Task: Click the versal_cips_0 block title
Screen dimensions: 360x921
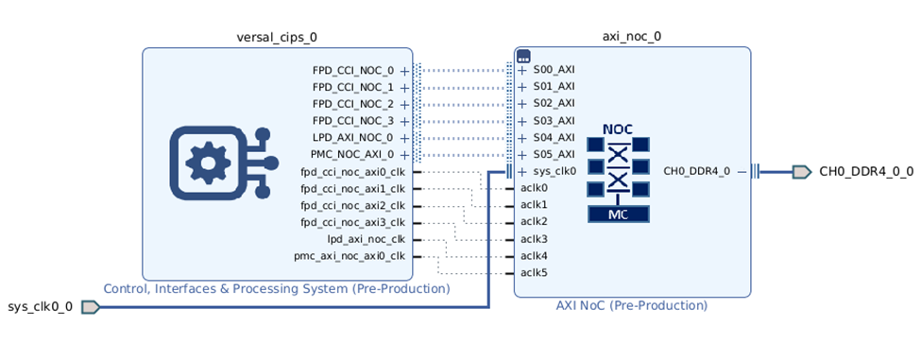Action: [x=277, y=37]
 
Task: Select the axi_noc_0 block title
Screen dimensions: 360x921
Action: [x=632, y=37]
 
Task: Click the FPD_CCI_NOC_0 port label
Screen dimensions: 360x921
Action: [x=352, y=70]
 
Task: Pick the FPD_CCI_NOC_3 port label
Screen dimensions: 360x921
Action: [x=352, y=121]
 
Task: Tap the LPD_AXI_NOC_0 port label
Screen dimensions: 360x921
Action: [x=352, y=138]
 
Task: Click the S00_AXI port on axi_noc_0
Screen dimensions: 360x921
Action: [x=554, y=70]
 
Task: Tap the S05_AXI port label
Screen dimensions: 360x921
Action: [x=554, y=155]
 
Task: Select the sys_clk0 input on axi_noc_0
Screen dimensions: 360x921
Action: [x=554, y=172]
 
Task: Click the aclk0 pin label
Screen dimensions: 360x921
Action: [x=534, y=188]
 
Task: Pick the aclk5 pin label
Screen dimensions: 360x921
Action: [x=534, y=273]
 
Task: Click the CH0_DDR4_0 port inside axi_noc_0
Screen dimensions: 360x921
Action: [x=697, y=172]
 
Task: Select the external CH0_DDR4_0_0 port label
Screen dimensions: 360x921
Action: [x=865, y=172]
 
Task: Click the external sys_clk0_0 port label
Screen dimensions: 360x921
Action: [x=40, y=307]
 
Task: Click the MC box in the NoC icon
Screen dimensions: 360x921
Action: [x=618, y=214]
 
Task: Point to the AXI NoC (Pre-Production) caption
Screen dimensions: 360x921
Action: [x=632, y=306]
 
